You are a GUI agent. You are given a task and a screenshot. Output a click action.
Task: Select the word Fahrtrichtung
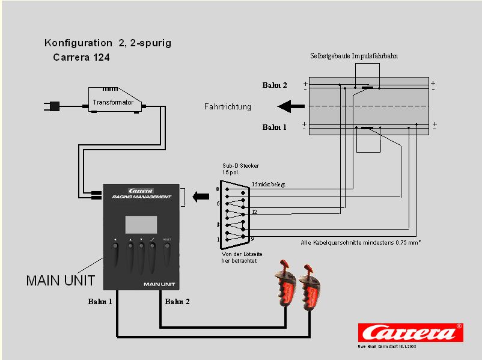click(x=228, y=107)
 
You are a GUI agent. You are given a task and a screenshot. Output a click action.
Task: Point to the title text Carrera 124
click(x=81, y=58)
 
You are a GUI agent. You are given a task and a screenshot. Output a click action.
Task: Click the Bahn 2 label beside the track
click(x=275, y=85)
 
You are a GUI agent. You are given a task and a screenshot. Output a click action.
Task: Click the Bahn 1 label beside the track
click(x=275, y=127)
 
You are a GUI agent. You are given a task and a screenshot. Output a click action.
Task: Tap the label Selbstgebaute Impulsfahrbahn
click(x=354, y=56)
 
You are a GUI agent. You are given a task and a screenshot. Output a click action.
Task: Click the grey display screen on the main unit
click(x=141, y=224)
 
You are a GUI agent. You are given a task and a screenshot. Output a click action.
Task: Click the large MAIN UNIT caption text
click(x=61, y=281)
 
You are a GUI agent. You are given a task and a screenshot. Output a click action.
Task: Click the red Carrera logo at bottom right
click(x=410, y=333)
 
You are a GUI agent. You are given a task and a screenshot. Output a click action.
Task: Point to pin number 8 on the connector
click(x=218, y=189)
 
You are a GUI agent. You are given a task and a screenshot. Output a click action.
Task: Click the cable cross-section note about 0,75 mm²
click(x=361, y=243)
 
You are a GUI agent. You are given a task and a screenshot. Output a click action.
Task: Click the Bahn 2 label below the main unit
click(x=177, y=301)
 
